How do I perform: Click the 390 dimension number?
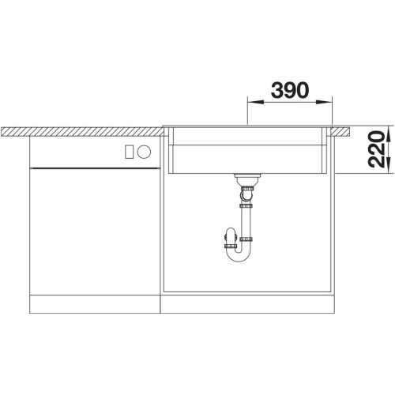[290, 90]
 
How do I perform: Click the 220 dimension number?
[376, 149]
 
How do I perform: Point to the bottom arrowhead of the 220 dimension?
[389, 165]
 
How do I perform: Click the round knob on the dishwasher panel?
[144, 152]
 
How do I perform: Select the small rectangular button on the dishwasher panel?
[129, 152]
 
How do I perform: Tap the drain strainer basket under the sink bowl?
[247, 179]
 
